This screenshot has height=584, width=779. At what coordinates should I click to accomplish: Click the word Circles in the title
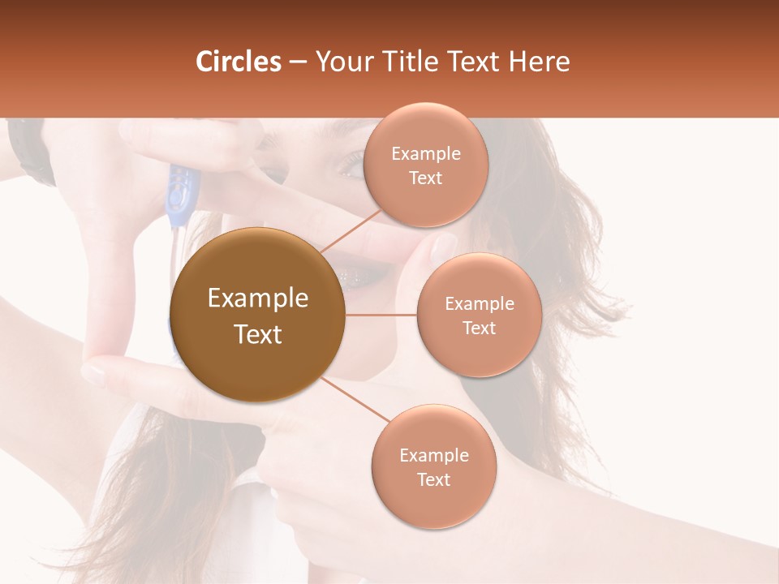(x=239, y=62)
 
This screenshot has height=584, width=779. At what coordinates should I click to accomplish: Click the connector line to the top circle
(x=351, y=231)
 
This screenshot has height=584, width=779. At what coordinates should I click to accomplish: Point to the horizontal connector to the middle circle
(x=381, y=315)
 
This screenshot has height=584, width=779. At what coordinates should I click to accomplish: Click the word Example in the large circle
(x=258, y=298)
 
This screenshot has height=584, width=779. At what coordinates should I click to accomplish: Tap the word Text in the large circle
(x=258, y=334)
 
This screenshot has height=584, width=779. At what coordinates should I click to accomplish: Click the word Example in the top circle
(x=426, y=154)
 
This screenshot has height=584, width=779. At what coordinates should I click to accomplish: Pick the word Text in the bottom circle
(x=434, y=479)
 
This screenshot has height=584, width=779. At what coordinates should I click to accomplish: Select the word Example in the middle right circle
(x=480, y=304)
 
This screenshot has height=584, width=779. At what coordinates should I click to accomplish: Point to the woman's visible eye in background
(x=351, y=162)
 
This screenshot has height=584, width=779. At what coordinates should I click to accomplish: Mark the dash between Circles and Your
(x=297, y=62)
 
